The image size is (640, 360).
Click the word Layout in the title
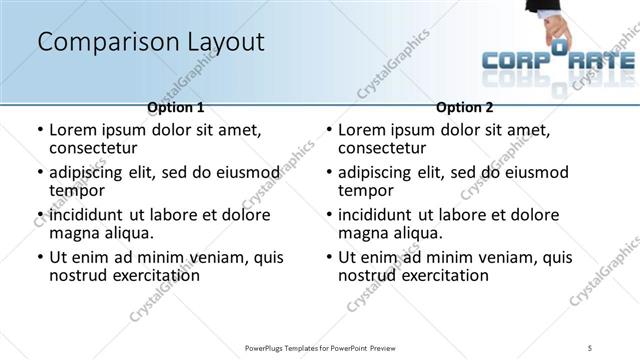(222, 42)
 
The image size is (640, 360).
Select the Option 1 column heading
(175, 107)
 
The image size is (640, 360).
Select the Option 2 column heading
(464, 107)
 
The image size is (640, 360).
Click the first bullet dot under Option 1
(39, 131)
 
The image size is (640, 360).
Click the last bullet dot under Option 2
(328, 258)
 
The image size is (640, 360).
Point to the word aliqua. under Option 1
(128, 233)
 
